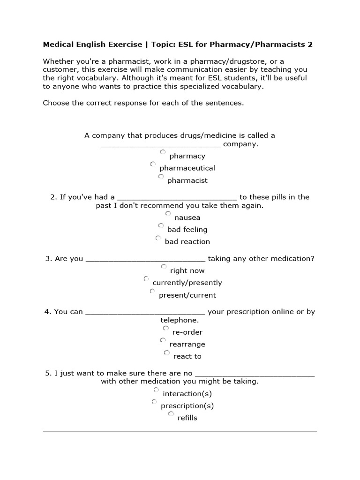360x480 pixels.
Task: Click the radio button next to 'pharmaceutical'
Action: coord(153,165)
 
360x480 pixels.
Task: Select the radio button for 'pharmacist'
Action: coord(161,177)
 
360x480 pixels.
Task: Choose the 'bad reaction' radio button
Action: coord(158,238)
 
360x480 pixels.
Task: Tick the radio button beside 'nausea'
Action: coord(168,214)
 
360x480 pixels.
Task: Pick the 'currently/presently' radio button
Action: coord(146,279)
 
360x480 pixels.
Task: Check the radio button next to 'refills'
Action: coord(171,414)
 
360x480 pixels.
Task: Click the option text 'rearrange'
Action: coord(187,344)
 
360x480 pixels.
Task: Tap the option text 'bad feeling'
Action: coord(187,229)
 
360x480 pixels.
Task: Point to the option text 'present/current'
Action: coord(187,295)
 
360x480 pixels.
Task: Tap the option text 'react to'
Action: coord(187,356)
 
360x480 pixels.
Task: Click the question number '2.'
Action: coord(53,197)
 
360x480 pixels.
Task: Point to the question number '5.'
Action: coord(48,373)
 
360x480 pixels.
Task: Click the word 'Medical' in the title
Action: coord(59,45)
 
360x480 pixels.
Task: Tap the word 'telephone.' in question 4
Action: coord(180,320)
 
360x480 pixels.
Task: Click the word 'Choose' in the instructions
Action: coord(56,103)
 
